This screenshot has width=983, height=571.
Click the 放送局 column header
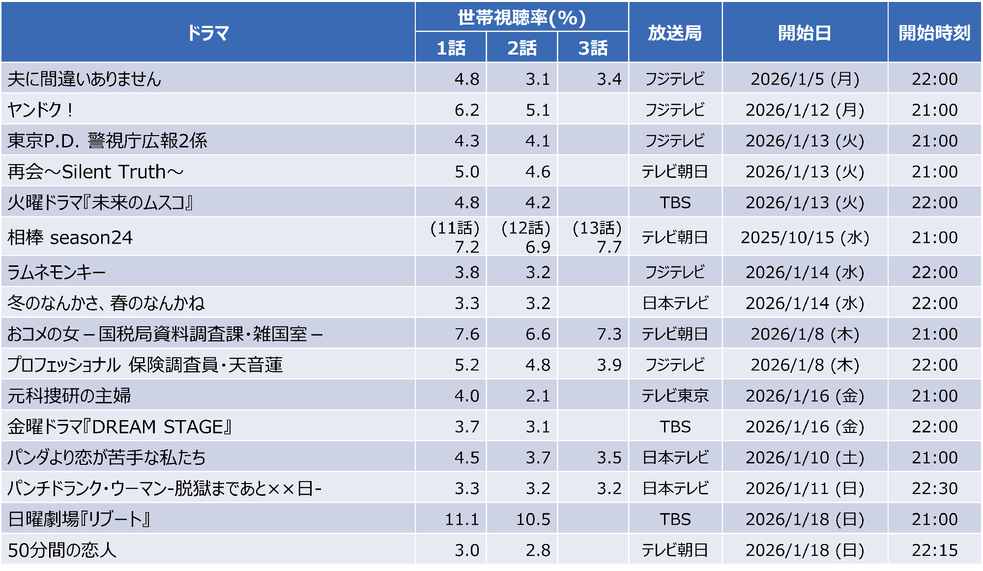pyautogui.click(x=674, y=33)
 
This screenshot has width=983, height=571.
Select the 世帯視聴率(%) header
pyautogui.click(x=521, y=18)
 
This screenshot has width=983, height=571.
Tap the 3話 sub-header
pyautogui.click(x=593, y=48)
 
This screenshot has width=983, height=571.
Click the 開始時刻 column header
pyautogui.click(x=934, y=33)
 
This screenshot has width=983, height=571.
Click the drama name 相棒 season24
pyautogui.click(x=70, y=237)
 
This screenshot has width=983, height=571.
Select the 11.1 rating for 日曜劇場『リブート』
pyautogui.click(x=462, y=519)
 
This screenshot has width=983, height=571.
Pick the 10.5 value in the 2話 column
pyautogui.click(x=533, y=519)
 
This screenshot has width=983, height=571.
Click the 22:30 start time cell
pyautogui.click(x=934, y=488)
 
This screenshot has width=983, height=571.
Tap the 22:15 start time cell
pyautogui.click(x=934, y=550)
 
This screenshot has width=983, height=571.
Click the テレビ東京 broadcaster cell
pyautogui.click(x=675, y=396)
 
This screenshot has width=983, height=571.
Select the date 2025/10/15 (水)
pyautogui.click(x=805, y=237)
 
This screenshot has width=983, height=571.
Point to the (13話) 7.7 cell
pyautogui.click(x=597, y=237)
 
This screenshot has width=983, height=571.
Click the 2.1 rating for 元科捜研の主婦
pyautogui.click(x=537, y=396)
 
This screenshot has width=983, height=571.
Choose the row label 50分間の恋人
pyautogui.click(x=62, y=550)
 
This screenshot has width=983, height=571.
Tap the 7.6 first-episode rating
pyautogui.click(x=466, y=334)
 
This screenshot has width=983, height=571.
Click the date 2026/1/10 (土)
pyautogui.click(x=805, y=457)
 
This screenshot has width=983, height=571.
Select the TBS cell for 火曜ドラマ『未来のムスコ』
pyautogui.click(x=675, y=202)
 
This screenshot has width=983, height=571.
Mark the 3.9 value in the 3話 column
pyautogui.click(x=609, y=365)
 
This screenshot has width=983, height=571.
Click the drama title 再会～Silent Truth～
pyautogui.click(x=95, y=171)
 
